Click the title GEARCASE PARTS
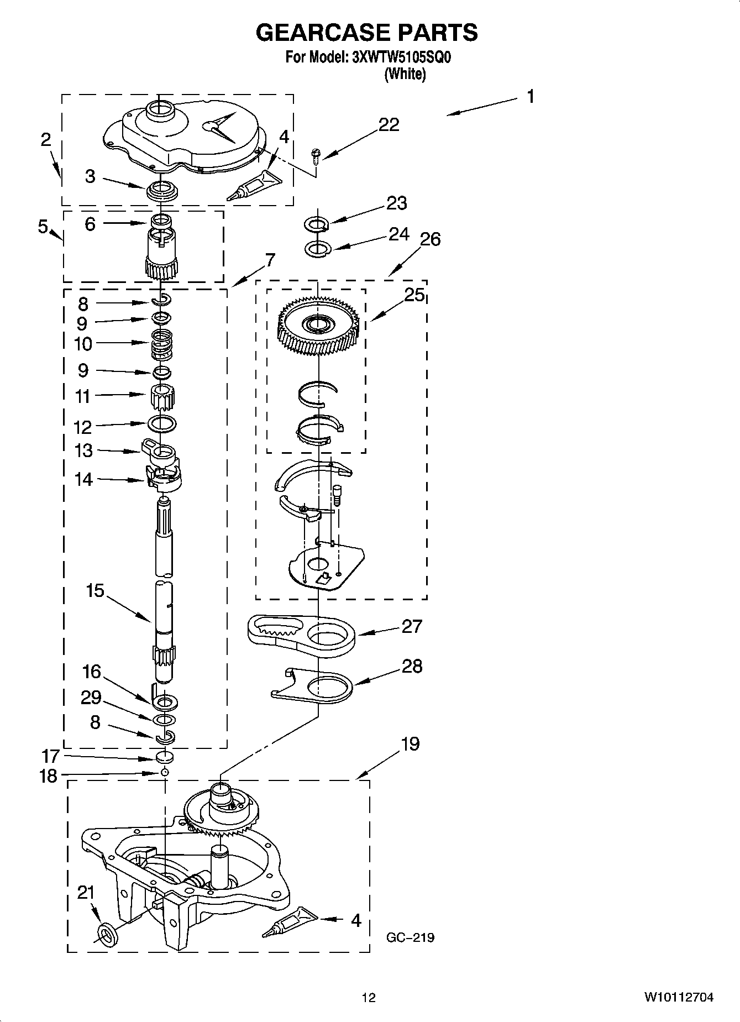(366, 33)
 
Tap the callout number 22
(389, 125)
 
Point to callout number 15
(95, 590)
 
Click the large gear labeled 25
(319, 327)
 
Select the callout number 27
(412, 626)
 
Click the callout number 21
(86, 893)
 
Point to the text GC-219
(410, 937)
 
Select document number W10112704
(678, 998)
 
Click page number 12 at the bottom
(369, 998)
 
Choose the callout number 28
(412, 667)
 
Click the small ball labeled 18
(164, 772)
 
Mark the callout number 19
(410, 744)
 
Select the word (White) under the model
(405, 74)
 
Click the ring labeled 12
(162, 424)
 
